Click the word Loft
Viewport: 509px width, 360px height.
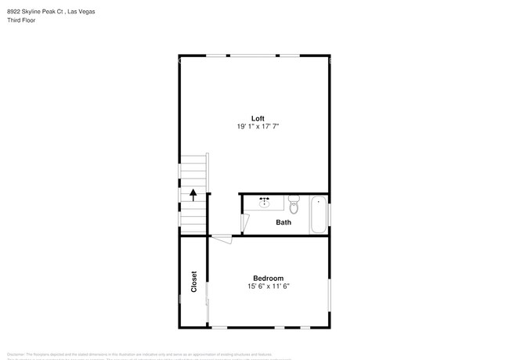(x=257, y=118)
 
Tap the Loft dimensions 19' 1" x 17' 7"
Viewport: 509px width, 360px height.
(x=257, y=126)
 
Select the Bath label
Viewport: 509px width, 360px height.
(x=283, y=222)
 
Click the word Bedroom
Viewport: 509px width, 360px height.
(x=268, y=279)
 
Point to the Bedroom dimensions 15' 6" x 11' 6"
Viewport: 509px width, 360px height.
(x=268, y=286)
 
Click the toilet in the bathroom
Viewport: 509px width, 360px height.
(x=294, y=205)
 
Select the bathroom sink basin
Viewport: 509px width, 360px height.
(x=265, y=201)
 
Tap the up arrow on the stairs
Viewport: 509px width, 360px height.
(x=193, y=195)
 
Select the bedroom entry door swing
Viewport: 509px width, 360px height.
(x=222, y=240)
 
